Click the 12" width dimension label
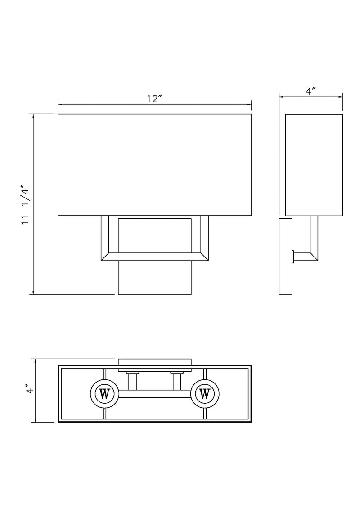coord(154,99)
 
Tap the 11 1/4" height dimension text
coord(26,204)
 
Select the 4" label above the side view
coord(310,91)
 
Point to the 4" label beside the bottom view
coord(30,390)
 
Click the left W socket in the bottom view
coord(104,394)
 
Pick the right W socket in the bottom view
coord(204,394)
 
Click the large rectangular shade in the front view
coord(155,165)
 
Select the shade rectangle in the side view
coord(314,165)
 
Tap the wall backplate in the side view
coord(285,257)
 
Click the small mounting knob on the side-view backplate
coord(293,257)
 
